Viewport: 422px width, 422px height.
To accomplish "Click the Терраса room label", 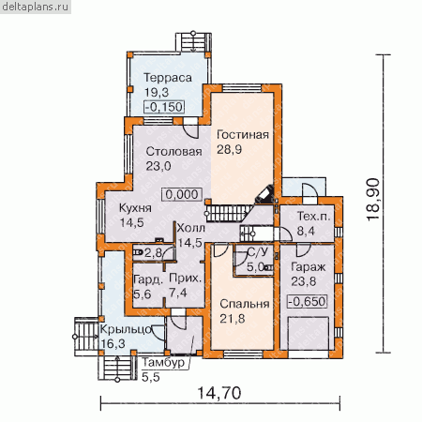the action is pos(168,78).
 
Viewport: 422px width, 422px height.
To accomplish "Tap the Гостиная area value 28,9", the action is pos(229,149).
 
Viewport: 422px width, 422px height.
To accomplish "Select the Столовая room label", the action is pos(173,152).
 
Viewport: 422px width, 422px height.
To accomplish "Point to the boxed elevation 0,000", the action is pos(182,194).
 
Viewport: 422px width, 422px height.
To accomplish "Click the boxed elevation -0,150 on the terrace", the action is pos(164,107).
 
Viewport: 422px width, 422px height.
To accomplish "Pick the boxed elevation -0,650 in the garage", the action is pos(308,302).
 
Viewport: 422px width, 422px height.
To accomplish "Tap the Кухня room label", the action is pos(135,208).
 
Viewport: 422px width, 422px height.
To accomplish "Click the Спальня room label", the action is pos(245,304).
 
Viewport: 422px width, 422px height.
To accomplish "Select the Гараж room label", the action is pos(308,267).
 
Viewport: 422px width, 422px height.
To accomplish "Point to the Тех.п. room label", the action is pos(313,217).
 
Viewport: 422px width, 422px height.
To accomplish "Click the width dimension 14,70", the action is pos(219,393).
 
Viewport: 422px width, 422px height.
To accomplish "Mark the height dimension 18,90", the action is pos(373,200).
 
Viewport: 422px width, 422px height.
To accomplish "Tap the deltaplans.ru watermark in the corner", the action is pos(36,7).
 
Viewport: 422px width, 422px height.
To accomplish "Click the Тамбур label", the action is pos(163,363).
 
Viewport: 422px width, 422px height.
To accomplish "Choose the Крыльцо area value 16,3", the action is pos(113,343).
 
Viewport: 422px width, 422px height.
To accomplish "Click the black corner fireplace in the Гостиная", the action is pos(265,194).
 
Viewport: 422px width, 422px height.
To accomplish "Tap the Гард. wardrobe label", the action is pos(148,279).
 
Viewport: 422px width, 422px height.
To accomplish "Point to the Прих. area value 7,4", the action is pos(177,293).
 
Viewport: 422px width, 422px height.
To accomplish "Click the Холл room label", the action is pos(190,228).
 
